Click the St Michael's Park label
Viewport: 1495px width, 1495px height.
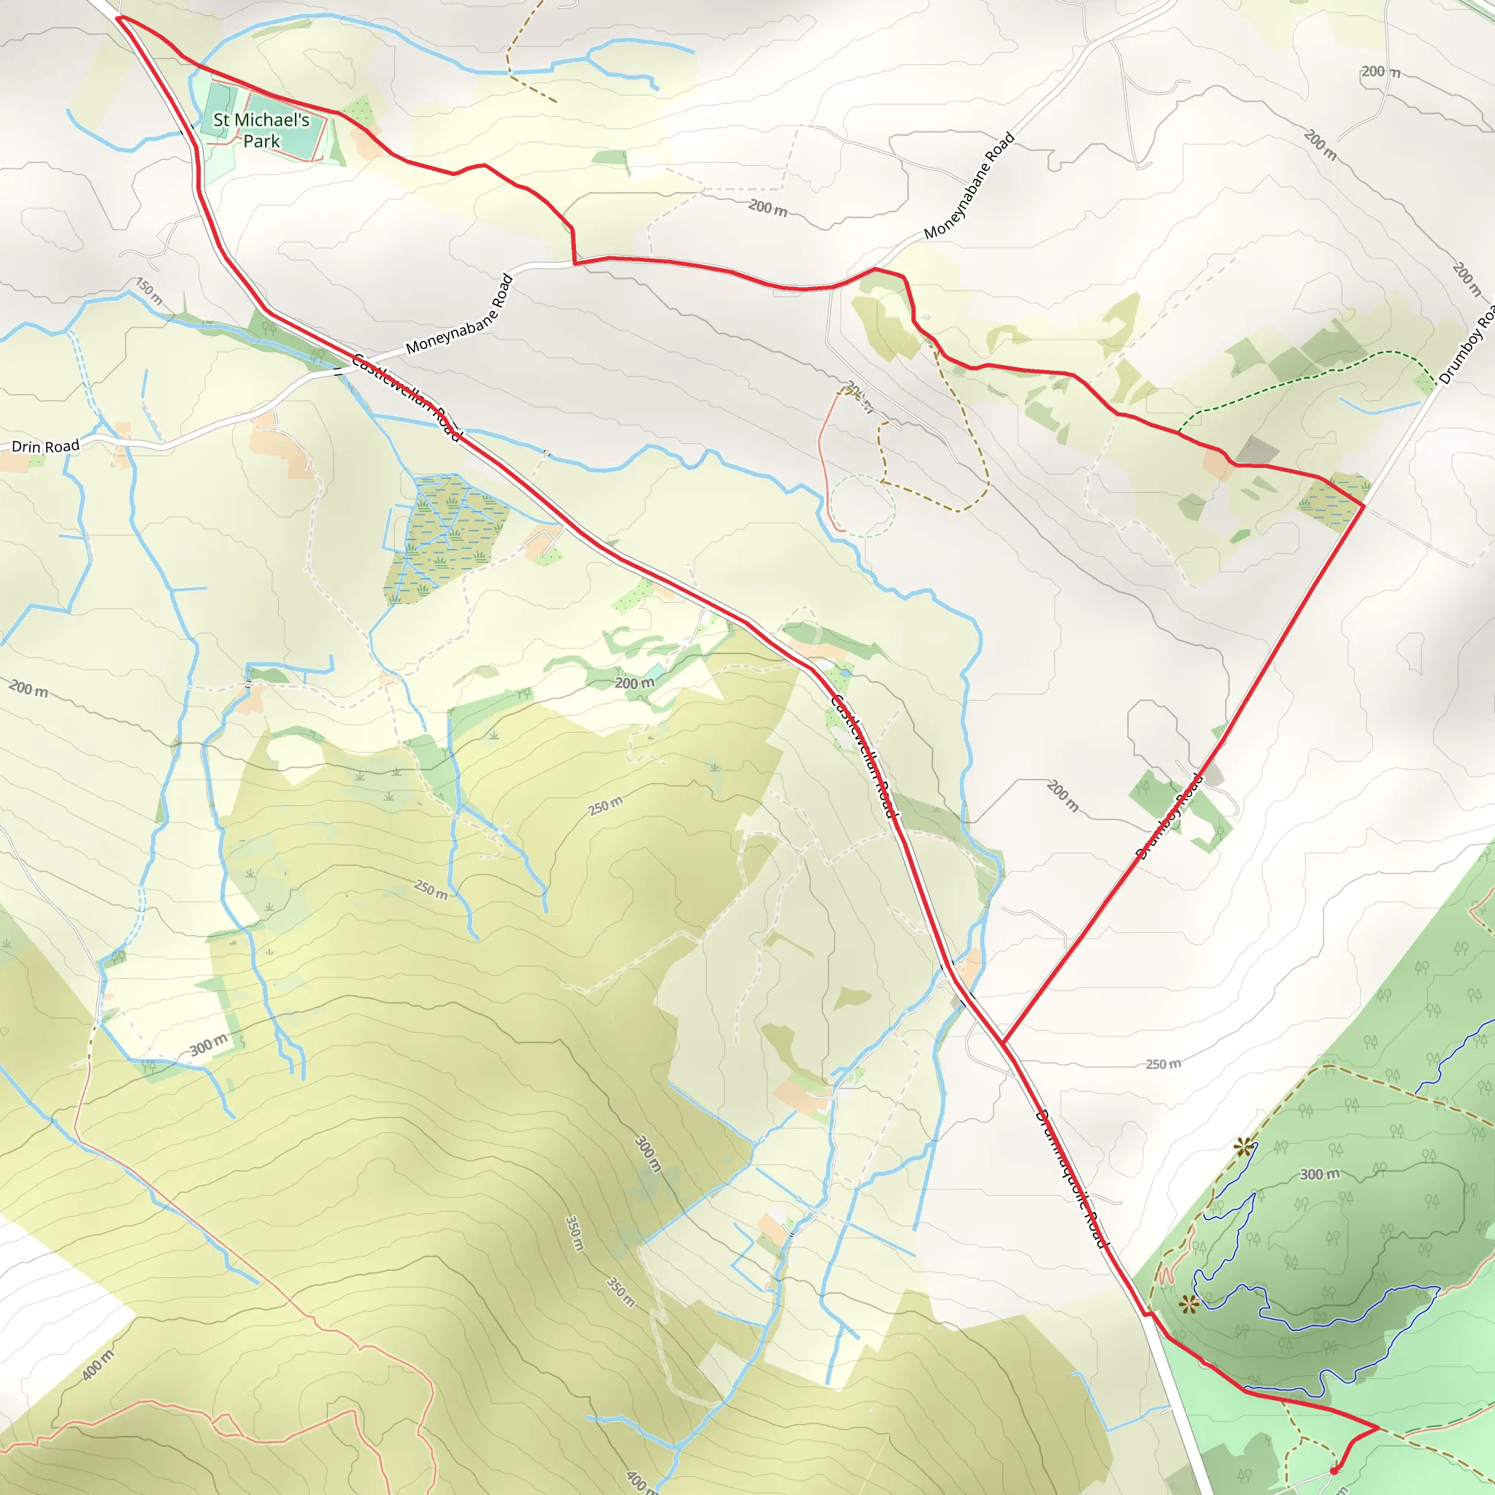point(261,130)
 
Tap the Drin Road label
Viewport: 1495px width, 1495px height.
point(46,447)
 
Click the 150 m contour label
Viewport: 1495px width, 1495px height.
point(149,291)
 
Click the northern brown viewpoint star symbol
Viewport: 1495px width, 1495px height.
point(1243,1148)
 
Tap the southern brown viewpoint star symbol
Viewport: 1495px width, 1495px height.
point(1190,1304)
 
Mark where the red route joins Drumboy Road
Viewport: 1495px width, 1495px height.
point(1364,505)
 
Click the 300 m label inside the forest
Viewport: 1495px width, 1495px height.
point(1319,1174)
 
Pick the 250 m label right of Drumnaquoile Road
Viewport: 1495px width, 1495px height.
point(1163,1064)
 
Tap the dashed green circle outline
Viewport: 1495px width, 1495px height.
point(863,506)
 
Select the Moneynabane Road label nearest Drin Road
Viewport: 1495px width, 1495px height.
point(460,314)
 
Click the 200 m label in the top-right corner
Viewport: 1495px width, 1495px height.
point(1381,72)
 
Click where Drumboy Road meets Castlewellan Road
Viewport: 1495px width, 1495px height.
point(1003,1042)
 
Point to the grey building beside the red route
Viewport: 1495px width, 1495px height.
point(1258,450)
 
